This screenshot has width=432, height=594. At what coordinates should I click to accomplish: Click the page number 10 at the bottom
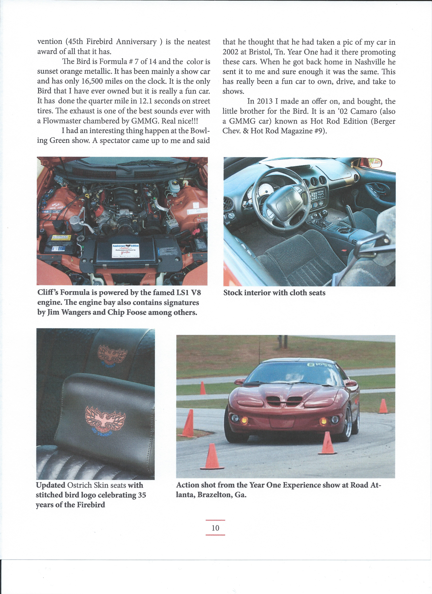coord(215,528)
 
